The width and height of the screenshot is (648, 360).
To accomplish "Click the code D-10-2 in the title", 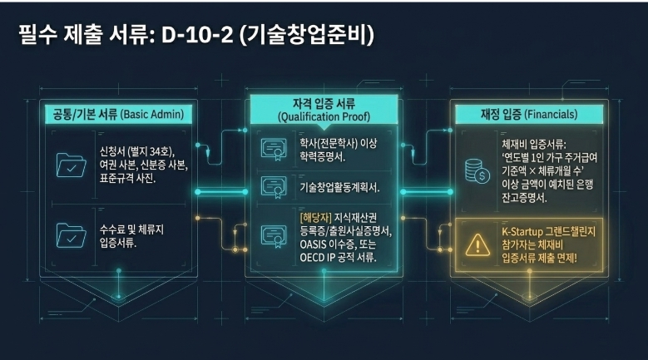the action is (x=197, y=35).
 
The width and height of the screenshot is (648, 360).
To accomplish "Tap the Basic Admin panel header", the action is (x=119, y=114).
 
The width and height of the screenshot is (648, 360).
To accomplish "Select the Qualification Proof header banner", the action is (x=324, y=110).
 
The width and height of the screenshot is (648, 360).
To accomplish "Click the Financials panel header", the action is (x=529, y=114).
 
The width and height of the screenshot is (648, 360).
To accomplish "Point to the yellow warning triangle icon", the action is (x=477, y=245).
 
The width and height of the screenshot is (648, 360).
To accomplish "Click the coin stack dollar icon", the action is (x=477, y=171).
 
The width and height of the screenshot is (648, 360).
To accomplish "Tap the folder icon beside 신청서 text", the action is (x=71, y=165).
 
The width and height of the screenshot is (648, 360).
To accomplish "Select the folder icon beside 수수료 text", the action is (x=71, y=236).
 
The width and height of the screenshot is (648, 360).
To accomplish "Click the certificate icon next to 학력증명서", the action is (x=274, y=150).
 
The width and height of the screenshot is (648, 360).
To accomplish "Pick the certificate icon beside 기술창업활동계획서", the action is (x=274, y=188).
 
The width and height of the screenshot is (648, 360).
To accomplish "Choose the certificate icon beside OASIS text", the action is (x=274, y=237).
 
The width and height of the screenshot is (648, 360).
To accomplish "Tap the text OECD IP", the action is (x=318, y=258).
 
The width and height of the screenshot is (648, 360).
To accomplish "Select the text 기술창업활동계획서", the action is (x=339, y=188).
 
